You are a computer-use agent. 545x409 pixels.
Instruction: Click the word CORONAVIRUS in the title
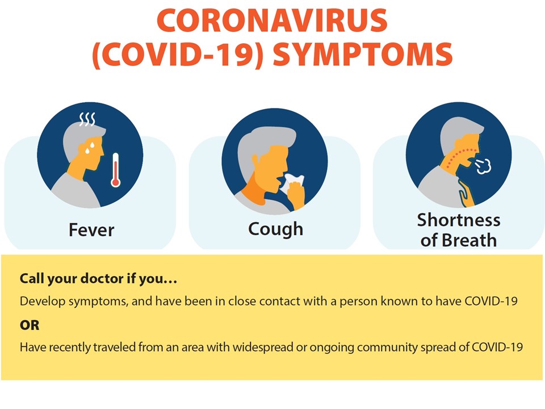click(272, 20)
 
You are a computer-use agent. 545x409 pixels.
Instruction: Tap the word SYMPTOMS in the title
click(363, 55)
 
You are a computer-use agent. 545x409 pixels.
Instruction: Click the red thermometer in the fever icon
click(115, 170)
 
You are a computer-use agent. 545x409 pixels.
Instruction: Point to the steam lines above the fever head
click(87, 119)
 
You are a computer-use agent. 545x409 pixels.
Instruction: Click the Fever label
click(91, 230)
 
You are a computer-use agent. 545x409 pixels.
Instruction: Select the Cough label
click(276, 229)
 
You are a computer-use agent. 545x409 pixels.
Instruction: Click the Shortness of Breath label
click(459, 230)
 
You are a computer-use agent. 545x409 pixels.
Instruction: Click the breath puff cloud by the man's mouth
click(483, 166)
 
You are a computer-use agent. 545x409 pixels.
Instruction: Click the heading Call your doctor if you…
click(98, 279)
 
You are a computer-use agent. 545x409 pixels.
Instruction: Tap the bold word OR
click(30, 325)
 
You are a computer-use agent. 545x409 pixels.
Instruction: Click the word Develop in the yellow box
click(43, 301)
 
